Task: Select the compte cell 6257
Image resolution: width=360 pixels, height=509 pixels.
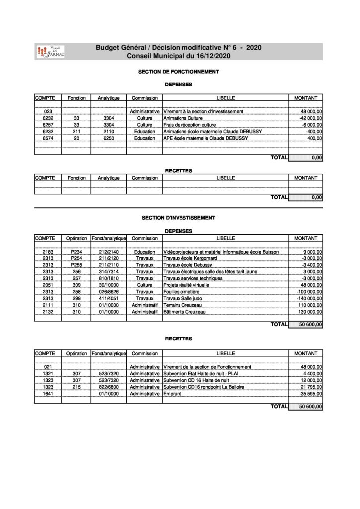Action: point(48,125)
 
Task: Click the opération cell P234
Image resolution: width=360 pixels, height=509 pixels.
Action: point(76,252)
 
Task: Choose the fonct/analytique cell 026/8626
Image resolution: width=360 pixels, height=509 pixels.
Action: point(109,292)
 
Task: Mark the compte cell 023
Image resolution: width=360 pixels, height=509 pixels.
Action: point(48,112)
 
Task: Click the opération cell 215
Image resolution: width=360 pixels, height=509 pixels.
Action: point(76,386)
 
